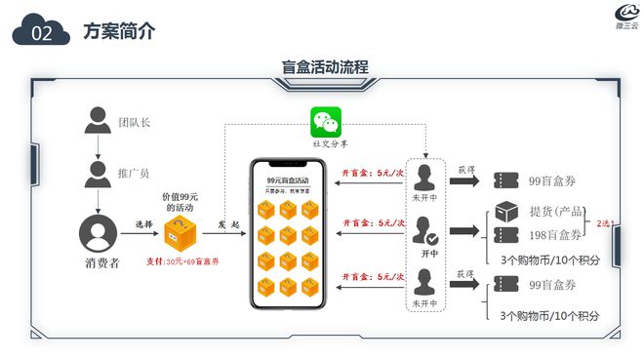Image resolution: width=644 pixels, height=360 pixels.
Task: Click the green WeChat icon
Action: (325, 123)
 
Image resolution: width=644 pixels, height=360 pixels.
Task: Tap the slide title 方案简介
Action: (118, 32)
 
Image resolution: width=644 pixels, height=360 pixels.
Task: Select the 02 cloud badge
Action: (41, 33)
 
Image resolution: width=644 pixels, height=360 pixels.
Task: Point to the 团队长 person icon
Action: (97, 121)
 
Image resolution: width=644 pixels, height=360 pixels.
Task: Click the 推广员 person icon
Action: (97, 174)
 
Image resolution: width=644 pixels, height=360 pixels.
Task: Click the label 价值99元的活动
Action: (180, 202)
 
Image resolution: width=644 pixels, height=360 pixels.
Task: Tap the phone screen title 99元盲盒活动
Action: (287, 180)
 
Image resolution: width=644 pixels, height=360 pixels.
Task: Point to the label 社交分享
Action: (326, 142)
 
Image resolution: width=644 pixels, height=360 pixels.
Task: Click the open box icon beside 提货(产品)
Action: (505, 212)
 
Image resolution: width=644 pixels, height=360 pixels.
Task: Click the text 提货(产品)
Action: (556, 212)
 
